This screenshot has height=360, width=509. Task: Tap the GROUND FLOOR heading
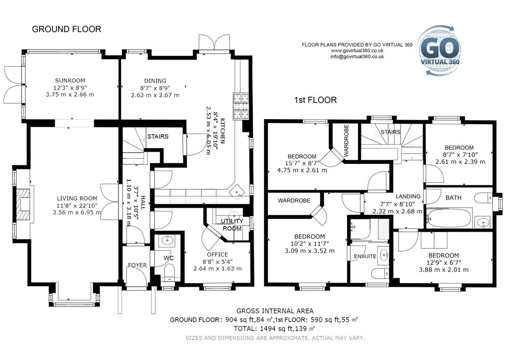click(x=67, y=29)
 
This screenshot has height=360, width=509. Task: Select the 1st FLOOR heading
click(x=315, y=100)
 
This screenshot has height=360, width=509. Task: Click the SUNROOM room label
click(x=70, y=80)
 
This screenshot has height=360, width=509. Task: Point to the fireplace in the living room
click(x=23, y=204)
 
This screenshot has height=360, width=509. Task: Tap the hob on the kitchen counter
click(x=241, y=106)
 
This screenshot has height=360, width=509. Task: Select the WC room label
click(x=168, y=258)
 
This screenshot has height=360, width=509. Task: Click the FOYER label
click(x=137, y=265)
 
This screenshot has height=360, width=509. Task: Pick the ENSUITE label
click(x=365, y=257)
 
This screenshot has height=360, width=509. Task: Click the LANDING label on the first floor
click(x=408, y=197)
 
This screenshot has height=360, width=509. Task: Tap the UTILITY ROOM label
click(x=232, y=225)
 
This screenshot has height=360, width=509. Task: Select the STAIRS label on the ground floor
click(x=158, y=136)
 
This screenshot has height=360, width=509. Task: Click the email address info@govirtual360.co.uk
click(x=357, y=57)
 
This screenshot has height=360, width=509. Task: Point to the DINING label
click(x=155, y=81)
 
